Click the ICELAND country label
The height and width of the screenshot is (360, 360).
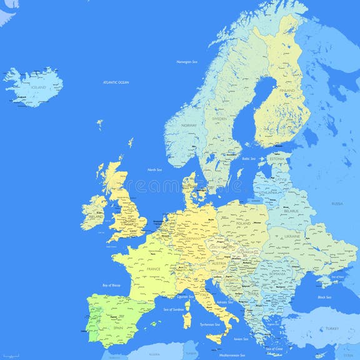[x=39, y=88]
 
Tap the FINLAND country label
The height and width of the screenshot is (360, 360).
[x=287, y=91]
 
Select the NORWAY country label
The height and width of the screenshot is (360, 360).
[x=189, y=126]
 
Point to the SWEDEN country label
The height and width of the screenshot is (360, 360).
[x=219, y=119]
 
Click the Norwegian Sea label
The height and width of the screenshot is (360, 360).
[x=187, y=62]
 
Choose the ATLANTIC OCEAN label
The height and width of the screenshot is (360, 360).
[x=116, y=82]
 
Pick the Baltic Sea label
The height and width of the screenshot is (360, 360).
[x=249, y=159]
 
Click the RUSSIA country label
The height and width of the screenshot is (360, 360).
[x=337, y=204]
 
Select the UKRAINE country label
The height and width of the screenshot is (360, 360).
[x=293, y=237]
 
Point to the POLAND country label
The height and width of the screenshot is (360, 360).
[x=242, y=223]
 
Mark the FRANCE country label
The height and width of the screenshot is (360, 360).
[x=153, y=269]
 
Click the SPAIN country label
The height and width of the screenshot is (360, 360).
[x=117, y=327]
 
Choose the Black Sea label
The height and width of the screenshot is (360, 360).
[x=324, y=297]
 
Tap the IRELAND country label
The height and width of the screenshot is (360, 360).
[x=96, y=217]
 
